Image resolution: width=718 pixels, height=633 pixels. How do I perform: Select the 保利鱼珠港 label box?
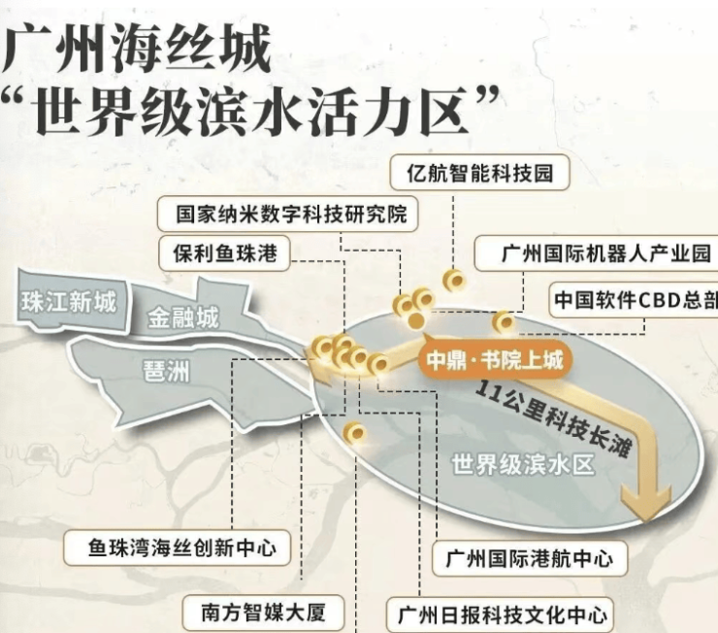pos(225,253)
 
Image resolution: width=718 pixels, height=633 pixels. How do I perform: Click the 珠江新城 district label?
pos(68,302)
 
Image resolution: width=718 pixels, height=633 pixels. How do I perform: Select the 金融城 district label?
pos(183,317)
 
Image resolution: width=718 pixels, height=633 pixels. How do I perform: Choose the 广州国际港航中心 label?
pos(529,559)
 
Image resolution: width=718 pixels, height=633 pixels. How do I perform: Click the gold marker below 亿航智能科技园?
pos(453,280)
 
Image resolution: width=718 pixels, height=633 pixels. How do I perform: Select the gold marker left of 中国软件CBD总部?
pos(504,321)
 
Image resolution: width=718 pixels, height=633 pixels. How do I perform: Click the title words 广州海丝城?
pos(136,50)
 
